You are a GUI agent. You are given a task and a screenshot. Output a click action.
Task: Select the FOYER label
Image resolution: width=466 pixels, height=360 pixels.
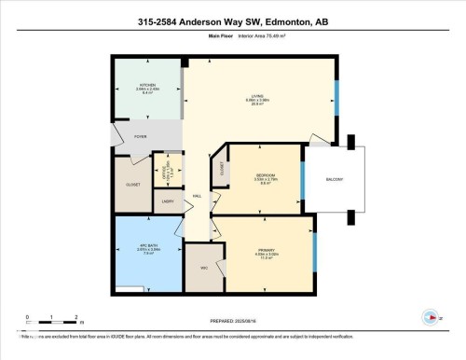tap(141, 137)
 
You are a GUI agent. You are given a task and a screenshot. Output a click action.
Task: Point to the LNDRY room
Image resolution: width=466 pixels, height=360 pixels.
tap(168, 201)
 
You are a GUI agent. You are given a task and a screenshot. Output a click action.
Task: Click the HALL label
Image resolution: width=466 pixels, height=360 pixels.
tap(197, 197)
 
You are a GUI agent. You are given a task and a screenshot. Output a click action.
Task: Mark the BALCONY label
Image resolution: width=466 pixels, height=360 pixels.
tap(335, 179)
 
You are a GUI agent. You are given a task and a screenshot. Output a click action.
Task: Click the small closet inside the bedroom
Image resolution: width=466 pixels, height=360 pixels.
tap(222, 168)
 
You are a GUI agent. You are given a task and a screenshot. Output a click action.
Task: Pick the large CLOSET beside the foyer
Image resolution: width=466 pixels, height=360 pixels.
tap(133, 185)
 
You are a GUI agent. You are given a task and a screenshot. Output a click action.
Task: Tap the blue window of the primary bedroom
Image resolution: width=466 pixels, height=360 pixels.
tap(315, 247)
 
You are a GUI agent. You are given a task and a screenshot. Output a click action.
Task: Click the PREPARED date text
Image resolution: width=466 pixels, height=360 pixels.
tap(233, 323)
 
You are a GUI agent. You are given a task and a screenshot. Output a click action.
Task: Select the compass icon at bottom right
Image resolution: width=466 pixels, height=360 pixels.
tap(430, 316)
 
